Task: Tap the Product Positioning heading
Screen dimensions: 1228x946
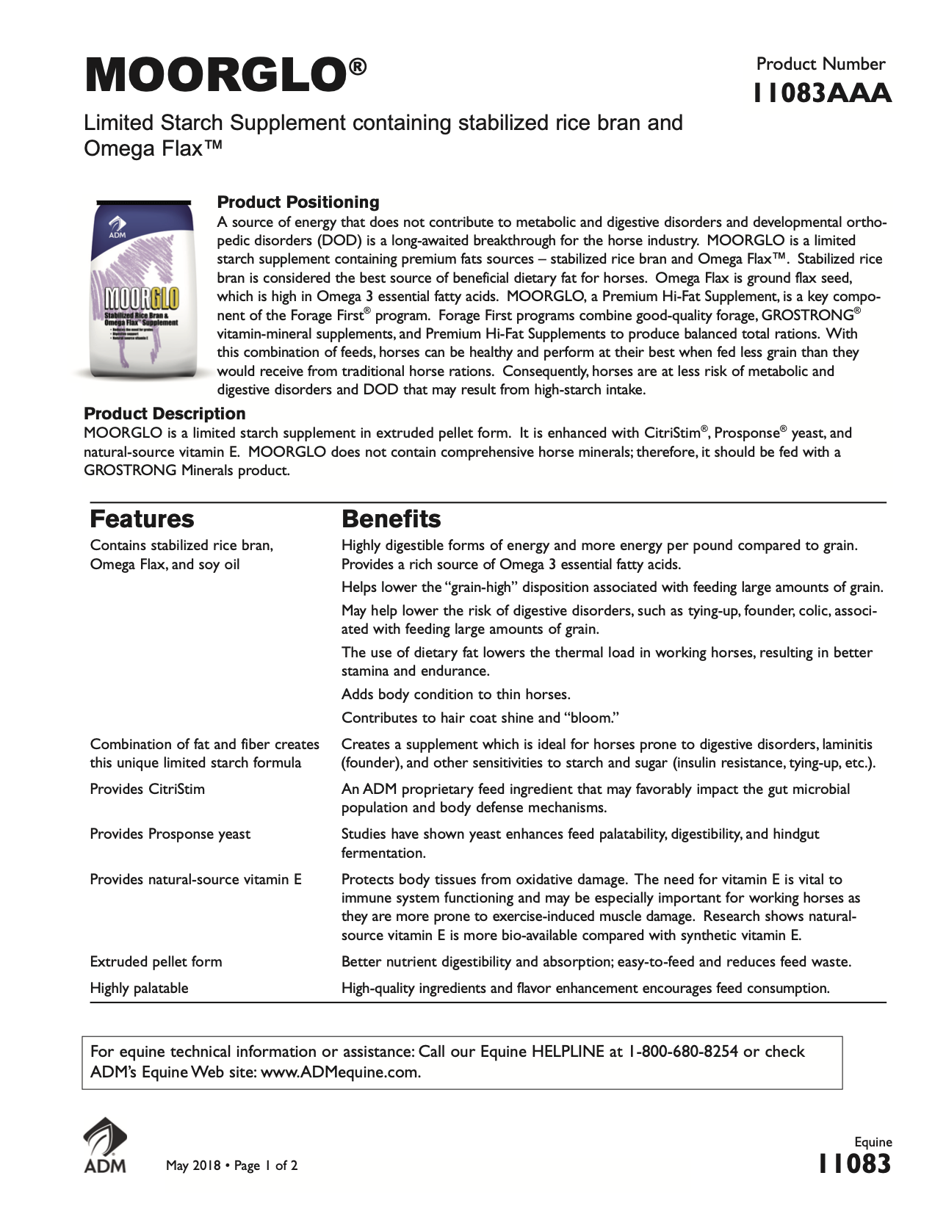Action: (x=298, y=202)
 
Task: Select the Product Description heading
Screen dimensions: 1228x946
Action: (x=165, y=413)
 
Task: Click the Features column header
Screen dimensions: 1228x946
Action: (x=142, y=519)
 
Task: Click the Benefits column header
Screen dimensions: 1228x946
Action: (x=391, y=519)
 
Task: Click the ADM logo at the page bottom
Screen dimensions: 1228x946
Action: (x=104, y=1146)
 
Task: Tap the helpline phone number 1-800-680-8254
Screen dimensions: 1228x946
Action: (x=683, y=1052)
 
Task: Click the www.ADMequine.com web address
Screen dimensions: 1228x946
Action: (x=340, y=1072)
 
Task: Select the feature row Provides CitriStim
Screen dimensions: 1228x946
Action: (x=147, y=790)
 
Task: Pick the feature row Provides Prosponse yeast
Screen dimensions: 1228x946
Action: (x=170, y=834)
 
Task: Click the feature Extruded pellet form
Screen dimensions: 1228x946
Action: (x=156, y=962)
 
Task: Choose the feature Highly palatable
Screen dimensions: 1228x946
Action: (x=139, y=989)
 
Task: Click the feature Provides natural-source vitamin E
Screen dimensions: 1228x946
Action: (x=195, y=880)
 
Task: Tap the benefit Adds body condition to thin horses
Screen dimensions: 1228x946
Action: (x=455, y=695)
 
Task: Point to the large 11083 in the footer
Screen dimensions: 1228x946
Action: (x=855, y=1164)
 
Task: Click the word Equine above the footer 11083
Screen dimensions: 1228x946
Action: (x=873, y=1142)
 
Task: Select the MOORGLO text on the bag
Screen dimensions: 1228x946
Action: (x=141, y=300)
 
